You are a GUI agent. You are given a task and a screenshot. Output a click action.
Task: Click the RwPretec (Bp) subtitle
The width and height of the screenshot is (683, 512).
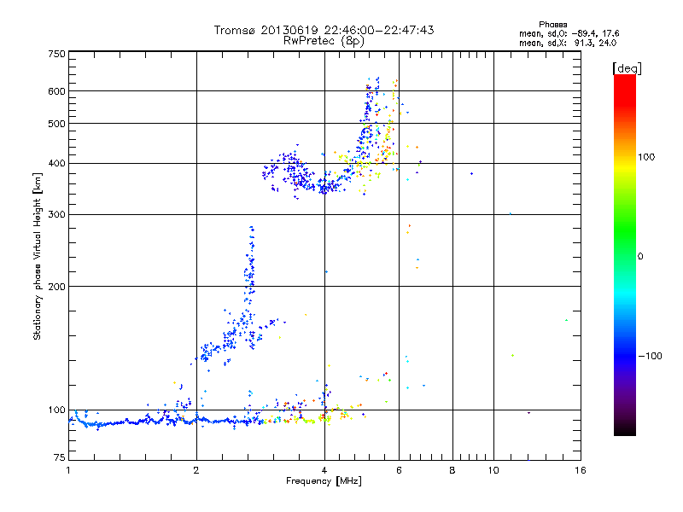[324, 40]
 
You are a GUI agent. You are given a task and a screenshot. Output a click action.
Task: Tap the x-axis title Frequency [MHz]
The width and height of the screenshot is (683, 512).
[324, 482]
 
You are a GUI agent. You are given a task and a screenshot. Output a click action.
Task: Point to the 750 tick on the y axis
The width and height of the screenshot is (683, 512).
[56, 54]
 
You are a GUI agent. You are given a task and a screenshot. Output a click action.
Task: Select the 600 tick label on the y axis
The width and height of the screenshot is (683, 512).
[56, 91]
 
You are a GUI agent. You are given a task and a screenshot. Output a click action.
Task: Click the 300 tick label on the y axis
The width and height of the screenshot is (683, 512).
[56, 214]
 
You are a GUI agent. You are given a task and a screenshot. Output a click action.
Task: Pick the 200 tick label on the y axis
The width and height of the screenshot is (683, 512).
[56, 287]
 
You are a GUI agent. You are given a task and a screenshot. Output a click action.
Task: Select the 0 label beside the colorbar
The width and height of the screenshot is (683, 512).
[641, 256]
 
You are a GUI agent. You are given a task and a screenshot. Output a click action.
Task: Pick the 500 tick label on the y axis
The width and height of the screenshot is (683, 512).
[56, 124]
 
